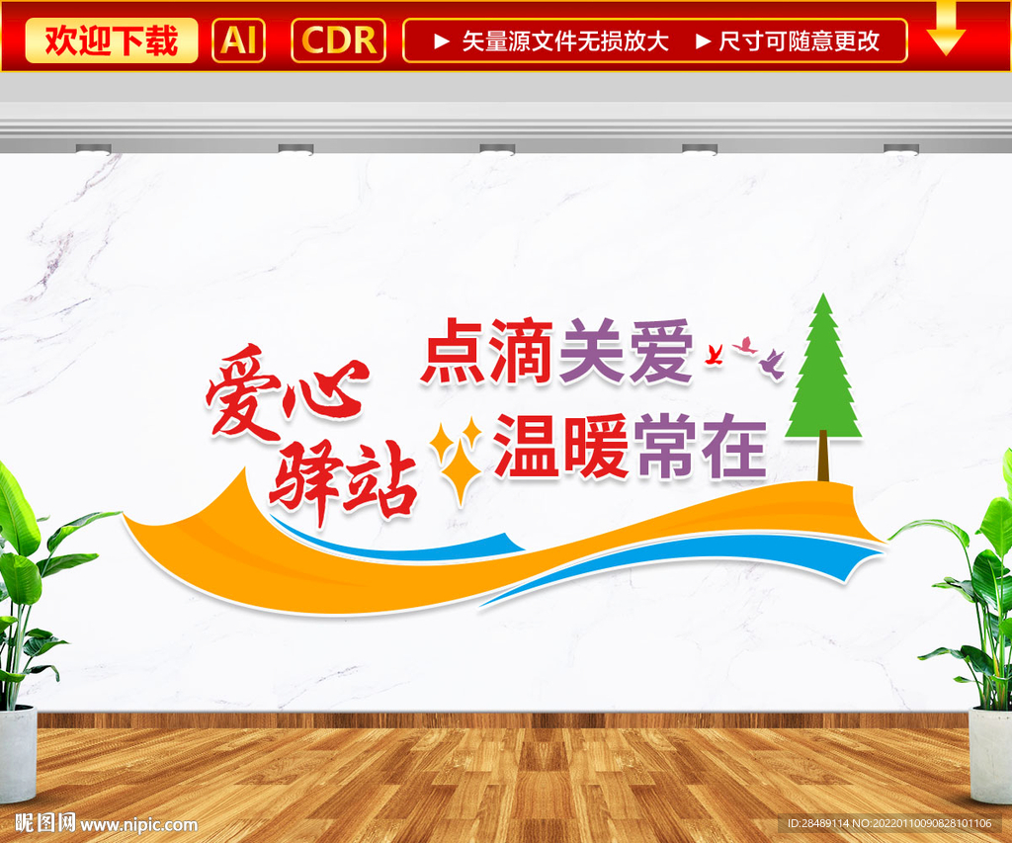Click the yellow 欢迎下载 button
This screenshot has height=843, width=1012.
coord(112,41)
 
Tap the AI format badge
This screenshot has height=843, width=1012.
coord(238,41)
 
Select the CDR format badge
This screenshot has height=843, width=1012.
coord(338,41)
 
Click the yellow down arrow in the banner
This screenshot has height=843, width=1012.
coord(946,30)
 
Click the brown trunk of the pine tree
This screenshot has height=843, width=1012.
coord(823,458)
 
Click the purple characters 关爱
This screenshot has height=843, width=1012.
coord(626,352)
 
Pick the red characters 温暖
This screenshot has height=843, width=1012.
coord(561,447)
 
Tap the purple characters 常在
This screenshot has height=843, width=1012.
coord(701,447)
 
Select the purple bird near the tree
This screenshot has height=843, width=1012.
coord(772,364)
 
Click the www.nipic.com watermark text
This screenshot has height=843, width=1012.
coord(138,825)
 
